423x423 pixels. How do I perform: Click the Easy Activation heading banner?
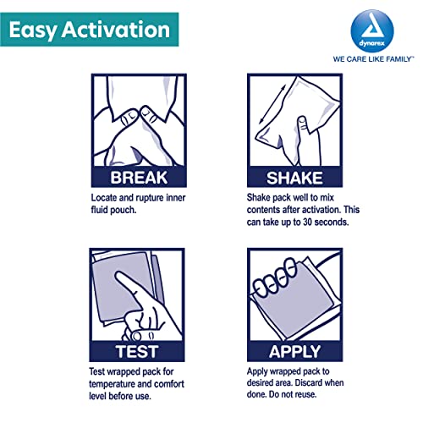89,30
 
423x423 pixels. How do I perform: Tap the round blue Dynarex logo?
372,31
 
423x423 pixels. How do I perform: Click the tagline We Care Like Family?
373,59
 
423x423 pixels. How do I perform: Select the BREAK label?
139,178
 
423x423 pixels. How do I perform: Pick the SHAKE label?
294,178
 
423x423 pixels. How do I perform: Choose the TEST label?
137,352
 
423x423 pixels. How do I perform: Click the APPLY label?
294,352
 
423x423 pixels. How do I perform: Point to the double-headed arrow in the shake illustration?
272,104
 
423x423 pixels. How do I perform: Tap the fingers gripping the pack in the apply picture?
274,278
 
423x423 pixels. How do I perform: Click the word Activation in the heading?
116,30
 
